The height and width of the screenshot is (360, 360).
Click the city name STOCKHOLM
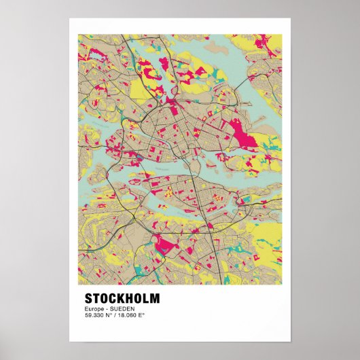(122, 298)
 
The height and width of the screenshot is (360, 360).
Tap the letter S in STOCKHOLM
(89, 298)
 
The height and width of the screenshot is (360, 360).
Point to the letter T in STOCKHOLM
(97, 298)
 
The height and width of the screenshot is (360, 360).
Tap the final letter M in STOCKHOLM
(156, 298)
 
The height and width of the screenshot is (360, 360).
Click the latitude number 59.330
(95, 315)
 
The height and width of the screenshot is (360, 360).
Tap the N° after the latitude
(111, 315)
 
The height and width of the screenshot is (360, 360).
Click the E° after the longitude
(143, 315)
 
